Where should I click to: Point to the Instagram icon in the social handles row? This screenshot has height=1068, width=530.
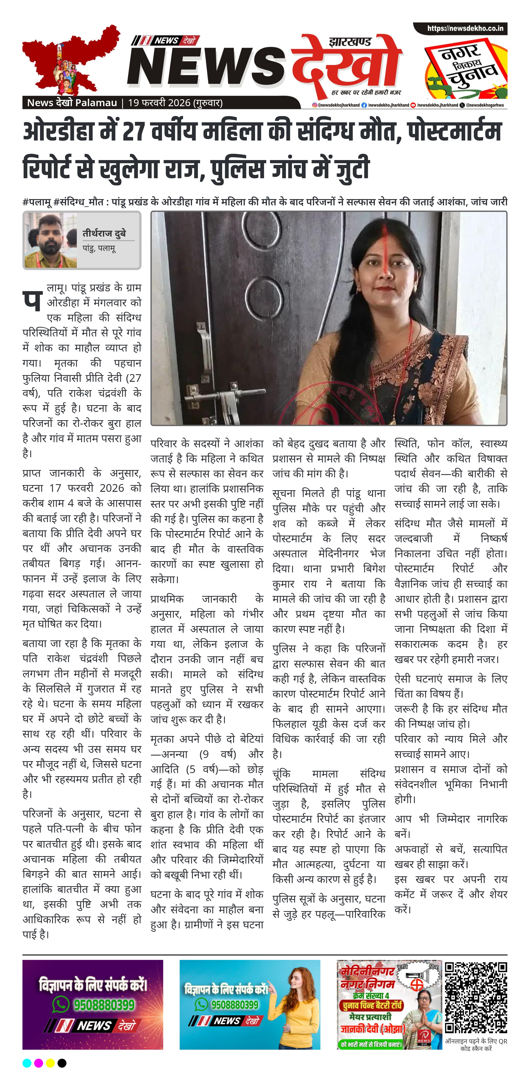tap(315, 105)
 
